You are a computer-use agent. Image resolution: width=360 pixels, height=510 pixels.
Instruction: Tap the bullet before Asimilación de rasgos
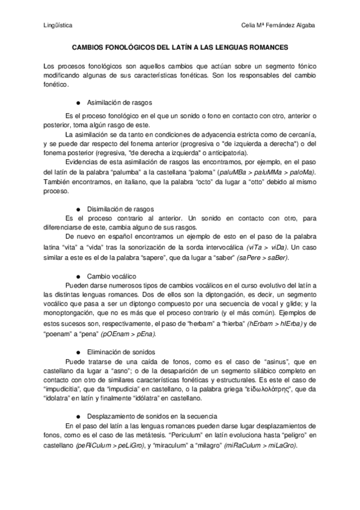pyautogui.click(x=79, y=102)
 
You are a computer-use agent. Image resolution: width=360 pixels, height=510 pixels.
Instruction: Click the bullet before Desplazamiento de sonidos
pyautogui.click(x=79, y=416)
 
